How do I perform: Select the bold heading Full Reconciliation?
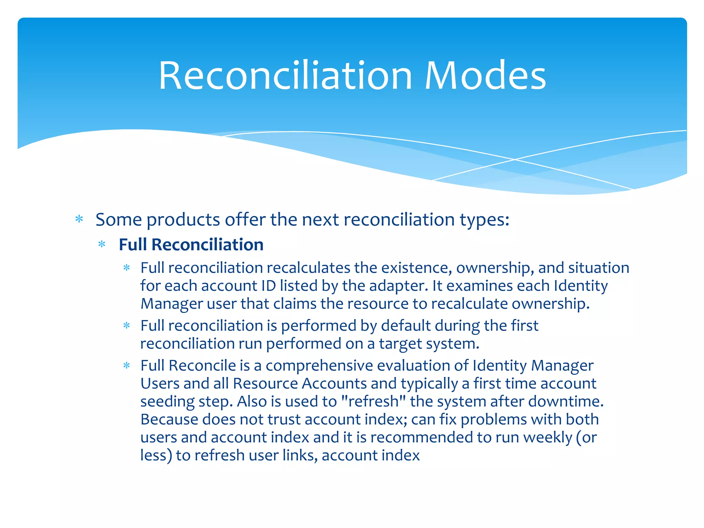pos(191,245)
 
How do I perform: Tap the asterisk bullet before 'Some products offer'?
pos(79,219)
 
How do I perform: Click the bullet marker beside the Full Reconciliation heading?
pos(102,245)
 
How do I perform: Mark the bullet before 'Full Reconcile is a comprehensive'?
pos(127,365)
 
